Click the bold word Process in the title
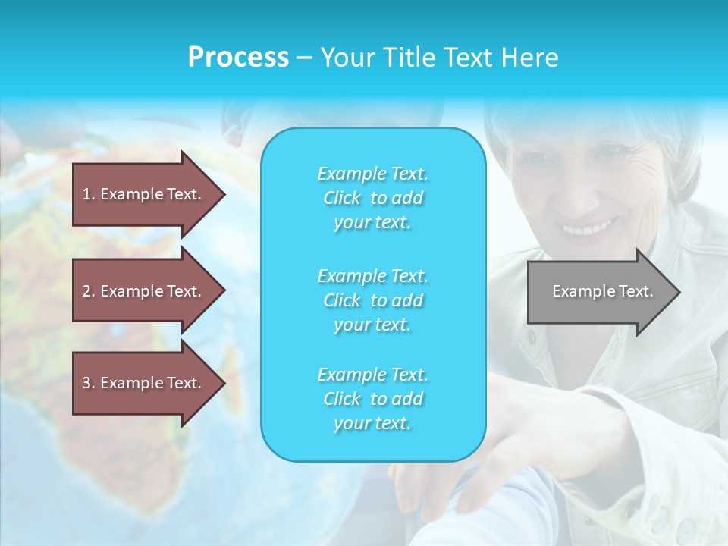tap(238, 58)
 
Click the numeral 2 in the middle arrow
tap(86, 291)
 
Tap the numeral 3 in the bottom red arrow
tap(86, 383)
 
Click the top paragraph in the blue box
tap(372, 198)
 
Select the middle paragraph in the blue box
tap(372, 300)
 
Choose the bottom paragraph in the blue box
tap(372, 399)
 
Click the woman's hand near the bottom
tap(531, 440)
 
